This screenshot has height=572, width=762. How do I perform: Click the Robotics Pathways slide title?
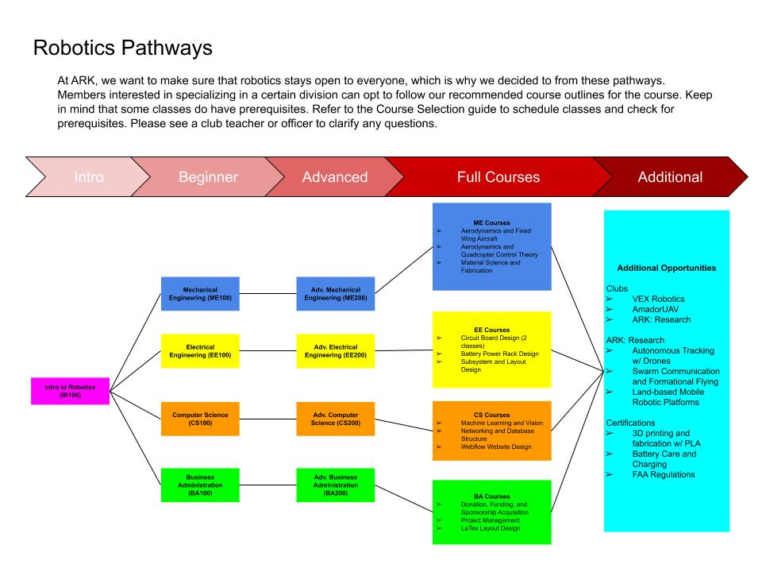click(123, 48)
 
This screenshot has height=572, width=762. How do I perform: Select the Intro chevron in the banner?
click(88, 177)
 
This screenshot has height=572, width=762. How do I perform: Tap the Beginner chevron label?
click(208, 177)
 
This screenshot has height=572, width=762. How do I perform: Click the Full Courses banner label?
click(498, 177)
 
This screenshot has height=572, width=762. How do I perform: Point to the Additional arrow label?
click(670, 177)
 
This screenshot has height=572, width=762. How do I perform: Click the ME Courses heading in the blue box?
click(491, 222)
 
